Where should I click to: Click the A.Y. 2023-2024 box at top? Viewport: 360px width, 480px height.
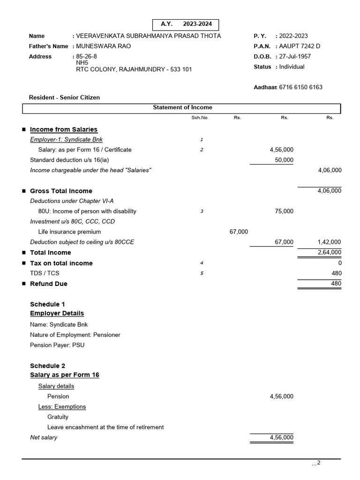186,24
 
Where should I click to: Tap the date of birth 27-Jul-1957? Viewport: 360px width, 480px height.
295,56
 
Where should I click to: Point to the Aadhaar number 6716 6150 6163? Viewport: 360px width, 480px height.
300,87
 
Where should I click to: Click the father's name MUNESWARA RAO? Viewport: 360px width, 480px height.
102,46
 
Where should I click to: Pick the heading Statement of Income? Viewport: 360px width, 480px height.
182,107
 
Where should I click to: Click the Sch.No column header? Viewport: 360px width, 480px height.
199,118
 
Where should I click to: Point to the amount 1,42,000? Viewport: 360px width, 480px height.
330,242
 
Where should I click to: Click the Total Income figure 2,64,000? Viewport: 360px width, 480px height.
330,252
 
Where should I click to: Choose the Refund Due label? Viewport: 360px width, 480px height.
49,284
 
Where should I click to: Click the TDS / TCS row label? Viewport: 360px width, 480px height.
45,273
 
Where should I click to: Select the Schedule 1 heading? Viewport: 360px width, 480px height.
47,304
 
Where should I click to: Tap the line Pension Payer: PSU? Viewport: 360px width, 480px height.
57,345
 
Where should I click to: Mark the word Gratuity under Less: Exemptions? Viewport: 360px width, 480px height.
58,417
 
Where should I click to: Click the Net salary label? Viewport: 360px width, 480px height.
44,437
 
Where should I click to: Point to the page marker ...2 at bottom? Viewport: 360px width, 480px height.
316,463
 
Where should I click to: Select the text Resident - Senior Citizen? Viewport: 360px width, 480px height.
64,97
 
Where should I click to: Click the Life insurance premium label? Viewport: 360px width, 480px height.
69,232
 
